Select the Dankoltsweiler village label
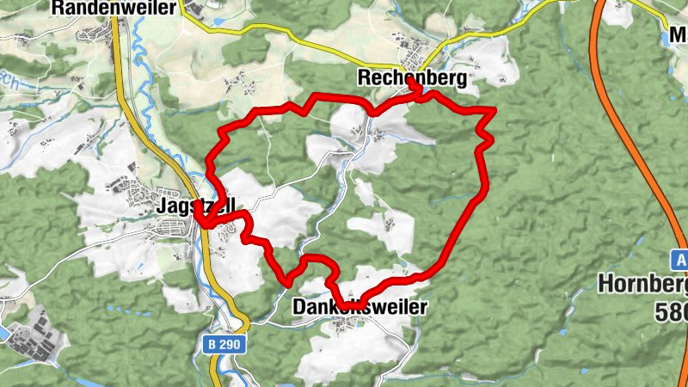click(x=359, y=306)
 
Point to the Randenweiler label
click(x=114, y=9)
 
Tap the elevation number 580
click(x=672, y=311)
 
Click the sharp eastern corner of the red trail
click(x=494, y=110)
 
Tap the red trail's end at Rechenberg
click(x=415, y=86)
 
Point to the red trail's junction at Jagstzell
click(x=200, y=223)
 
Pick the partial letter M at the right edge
click(x=679, y=37)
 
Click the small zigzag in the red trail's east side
click(x=487, y=138)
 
